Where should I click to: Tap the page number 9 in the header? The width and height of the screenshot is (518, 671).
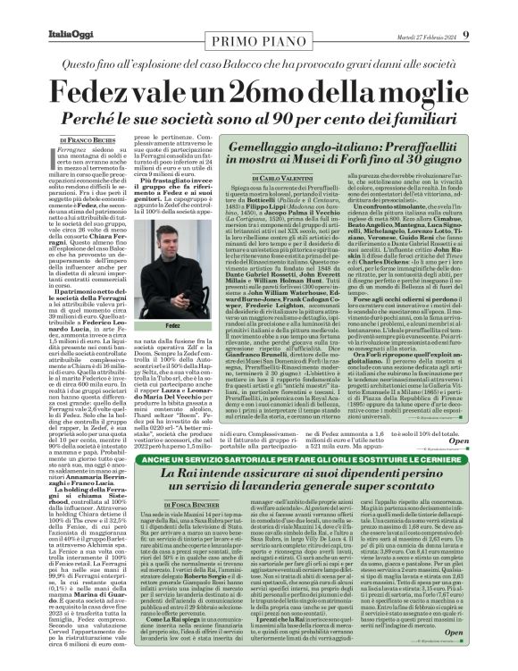point(502,10)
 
